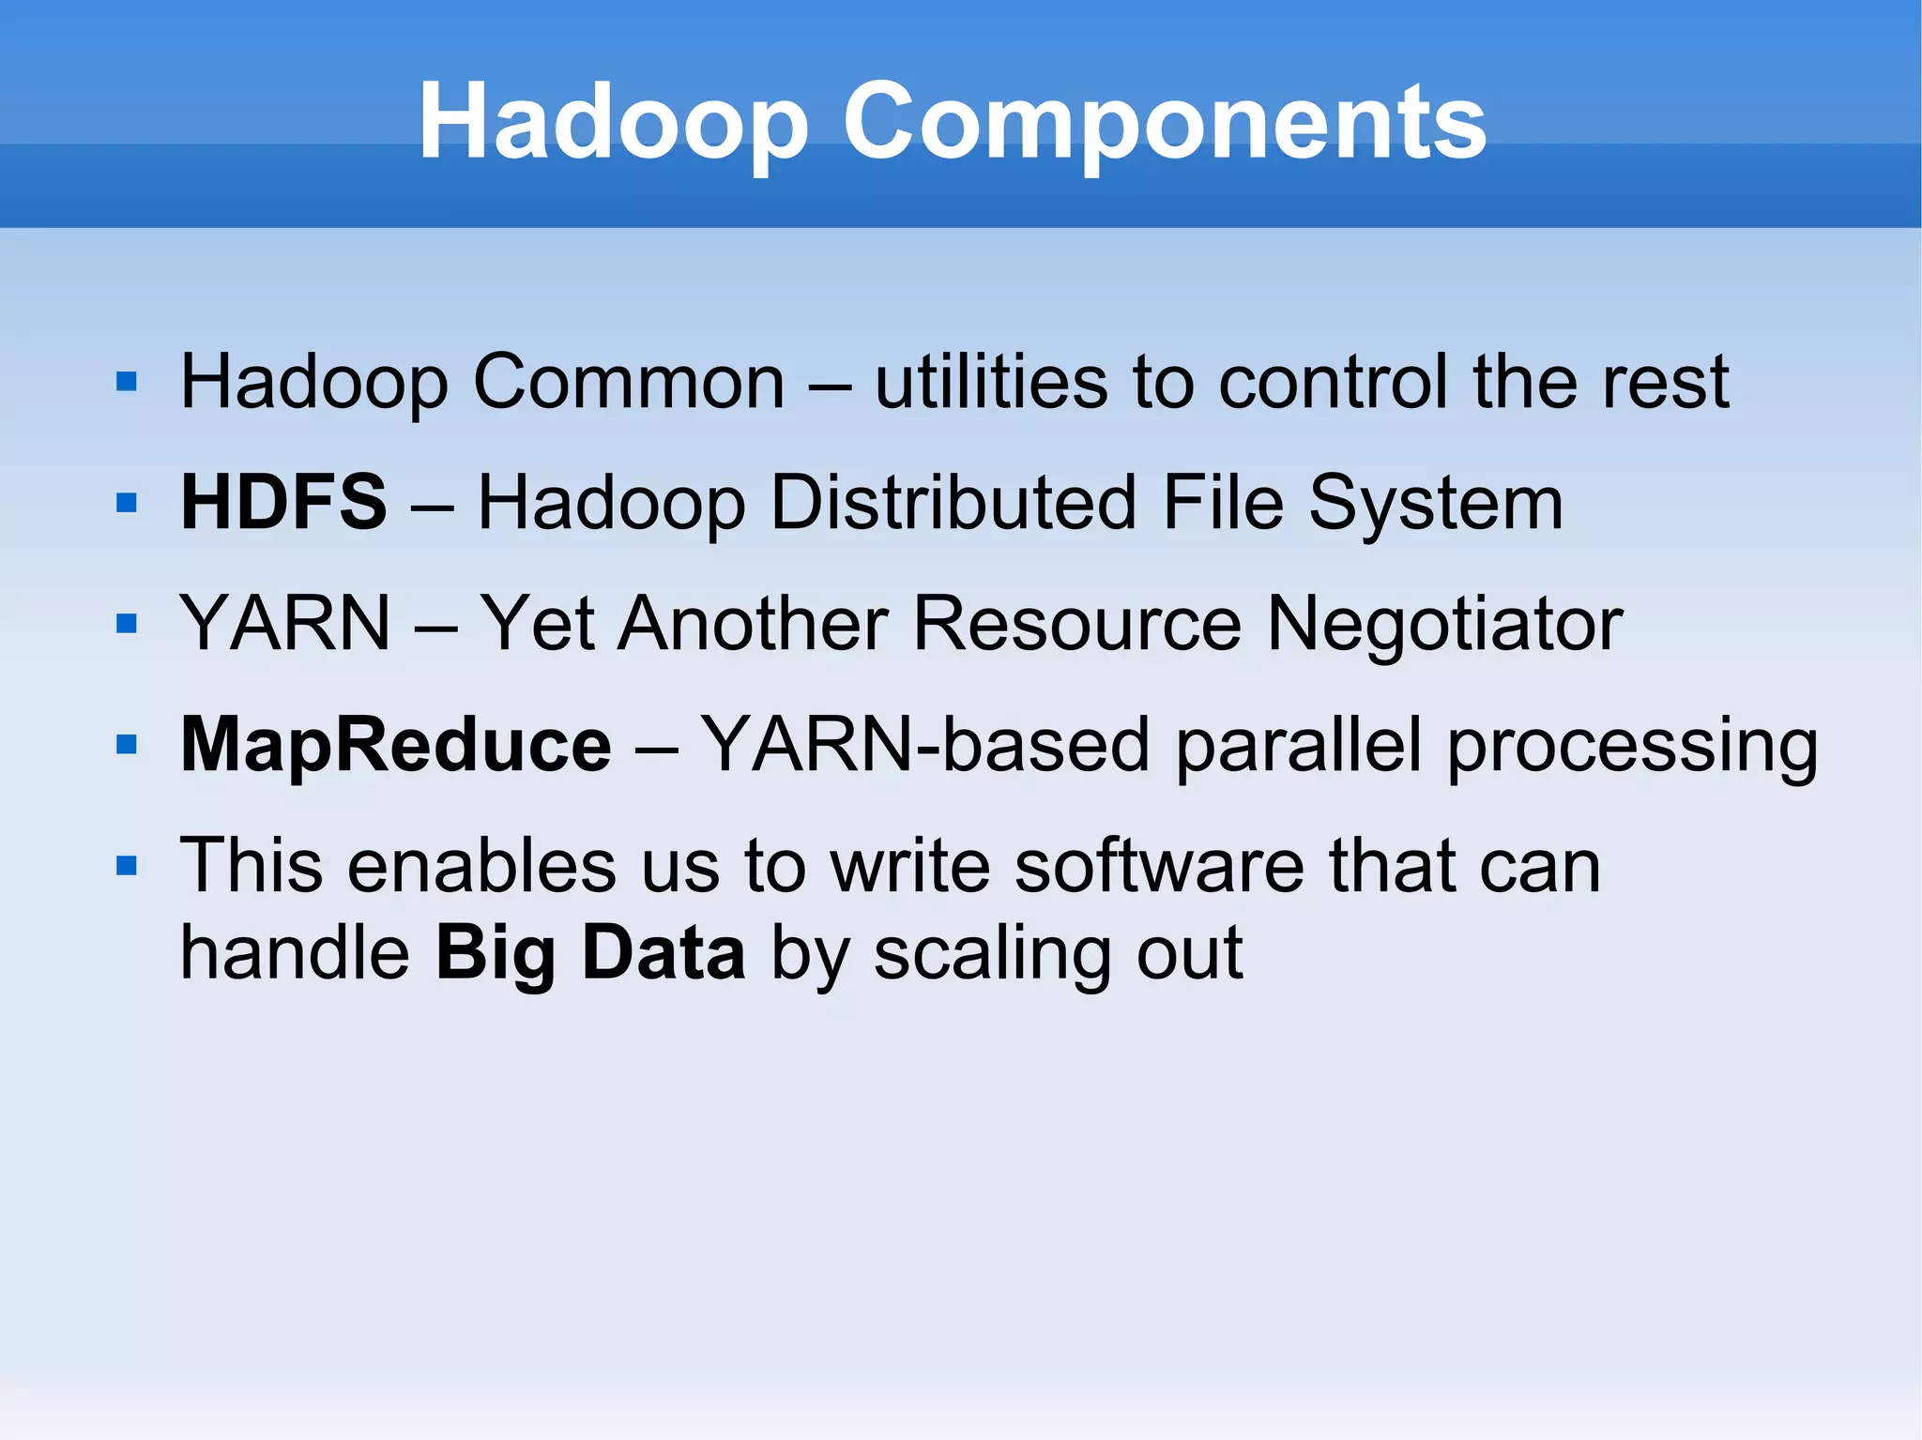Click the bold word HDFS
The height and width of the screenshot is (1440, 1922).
283,503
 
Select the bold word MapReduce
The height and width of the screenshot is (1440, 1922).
395,745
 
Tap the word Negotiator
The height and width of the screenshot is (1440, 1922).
1444,625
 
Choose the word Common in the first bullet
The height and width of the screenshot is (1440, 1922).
629,383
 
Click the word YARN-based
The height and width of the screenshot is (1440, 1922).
925,745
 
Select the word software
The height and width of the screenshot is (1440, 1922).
1159,866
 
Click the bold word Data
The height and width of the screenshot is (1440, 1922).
664,953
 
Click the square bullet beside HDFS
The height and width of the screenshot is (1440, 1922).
127,504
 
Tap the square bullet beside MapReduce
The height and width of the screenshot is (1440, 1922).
127,746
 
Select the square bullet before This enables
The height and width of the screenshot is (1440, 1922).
127,866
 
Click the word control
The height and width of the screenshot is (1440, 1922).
1333,383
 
